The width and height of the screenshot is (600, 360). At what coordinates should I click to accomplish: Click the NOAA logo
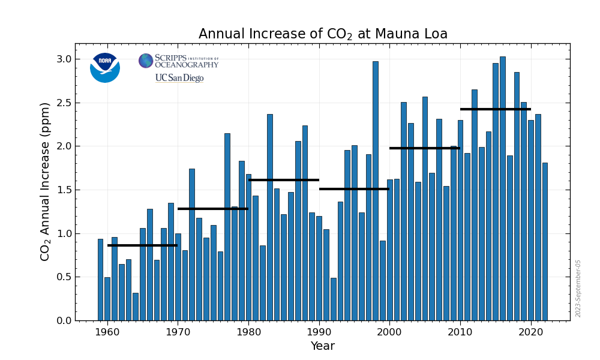point(105,67)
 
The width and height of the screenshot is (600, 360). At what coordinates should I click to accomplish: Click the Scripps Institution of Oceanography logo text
point(186,61)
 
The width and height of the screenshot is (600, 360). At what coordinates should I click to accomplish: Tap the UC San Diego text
point(179,78)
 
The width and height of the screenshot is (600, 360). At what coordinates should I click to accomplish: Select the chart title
point(323,34)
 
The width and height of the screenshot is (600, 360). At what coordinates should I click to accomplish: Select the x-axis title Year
point(322,346)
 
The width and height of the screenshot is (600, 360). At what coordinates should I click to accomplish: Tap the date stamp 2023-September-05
point(578,288)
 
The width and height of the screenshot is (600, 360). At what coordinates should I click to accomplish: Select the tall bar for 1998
point(376,191)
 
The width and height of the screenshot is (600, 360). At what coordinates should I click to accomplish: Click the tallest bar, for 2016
point(502,188)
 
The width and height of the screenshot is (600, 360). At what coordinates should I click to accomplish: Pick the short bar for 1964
point(136,307)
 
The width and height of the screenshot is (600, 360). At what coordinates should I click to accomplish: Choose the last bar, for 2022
point(545,241)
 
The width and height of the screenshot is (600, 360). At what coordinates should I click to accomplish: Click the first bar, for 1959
point(100,280)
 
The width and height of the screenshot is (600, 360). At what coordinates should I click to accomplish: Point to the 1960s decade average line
point(142,245)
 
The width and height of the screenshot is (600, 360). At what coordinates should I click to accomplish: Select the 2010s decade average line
point(495,109)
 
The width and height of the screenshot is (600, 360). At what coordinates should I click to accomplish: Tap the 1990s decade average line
point(354,189)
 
